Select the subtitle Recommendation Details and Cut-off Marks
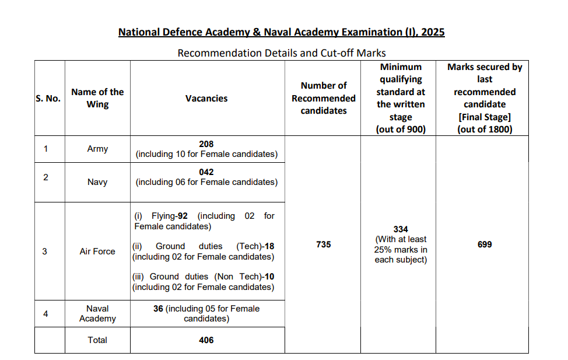coord(282,53)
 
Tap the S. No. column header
coord(48,99)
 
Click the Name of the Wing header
coord(97,98)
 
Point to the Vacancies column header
coord(206,99)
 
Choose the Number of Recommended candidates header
coord(323,98)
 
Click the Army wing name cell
coord(97,149)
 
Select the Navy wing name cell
coord(97,182)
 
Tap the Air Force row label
coord(97,251)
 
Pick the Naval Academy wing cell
coord(97,313)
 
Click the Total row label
coord(97,340)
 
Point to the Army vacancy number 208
coord(206,144)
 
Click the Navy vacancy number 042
coord(206,172)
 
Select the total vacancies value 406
coord(206,340)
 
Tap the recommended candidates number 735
coord(323,244)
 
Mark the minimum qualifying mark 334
coord(401,229)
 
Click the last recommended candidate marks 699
coord(484,244)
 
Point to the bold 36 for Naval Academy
coord(158,309)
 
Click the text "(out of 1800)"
coord(485,130)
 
